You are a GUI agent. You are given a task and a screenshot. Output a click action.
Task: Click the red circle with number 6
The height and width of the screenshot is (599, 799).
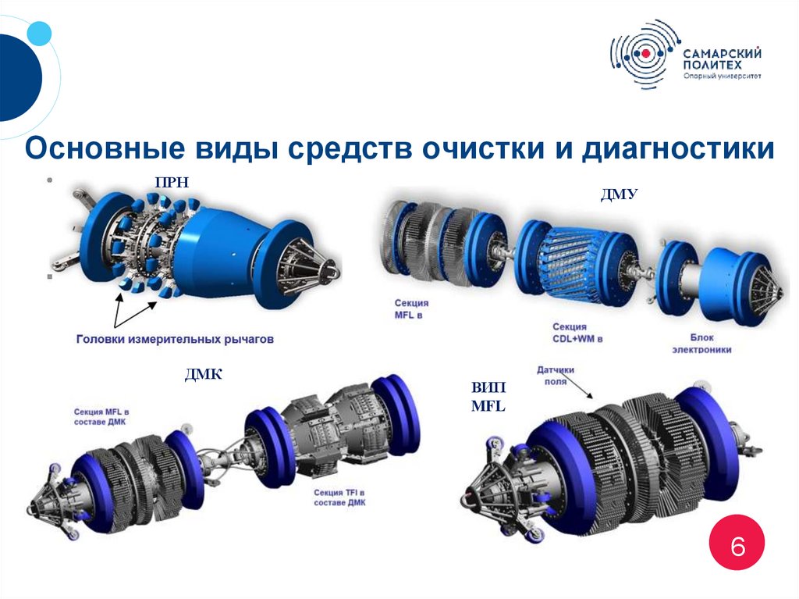click(737, 542)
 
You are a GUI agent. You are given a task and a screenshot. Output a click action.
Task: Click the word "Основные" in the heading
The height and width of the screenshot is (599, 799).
click(105, 148)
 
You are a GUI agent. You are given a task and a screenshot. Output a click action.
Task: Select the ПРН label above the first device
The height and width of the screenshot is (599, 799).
click(172, 182)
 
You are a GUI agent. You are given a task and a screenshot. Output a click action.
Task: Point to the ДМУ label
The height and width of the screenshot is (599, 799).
click(619, 194)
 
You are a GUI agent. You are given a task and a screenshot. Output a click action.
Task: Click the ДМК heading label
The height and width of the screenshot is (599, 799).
click(204, 375)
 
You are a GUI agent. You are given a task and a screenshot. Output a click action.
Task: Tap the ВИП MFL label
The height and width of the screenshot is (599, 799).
click(488, 397)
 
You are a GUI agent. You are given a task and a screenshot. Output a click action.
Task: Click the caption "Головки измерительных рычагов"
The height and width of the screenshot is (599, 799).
click(175, 339)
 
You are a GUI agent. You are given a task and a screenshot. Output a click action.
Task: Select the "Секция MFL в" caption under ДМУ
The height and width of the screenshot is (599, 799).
click(411, 308)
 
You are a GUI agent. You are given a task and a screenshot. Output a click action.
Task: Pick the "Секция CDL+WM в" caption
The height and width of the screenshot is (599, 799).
click(577, 332)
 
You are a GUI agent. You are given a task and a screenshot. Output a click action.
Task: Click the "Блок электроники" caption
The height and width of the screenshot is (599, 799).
click(701, 344)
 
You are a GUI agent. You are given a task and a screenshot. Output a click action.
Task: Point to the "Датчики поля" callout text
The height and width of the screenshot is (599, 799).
click(556, 375)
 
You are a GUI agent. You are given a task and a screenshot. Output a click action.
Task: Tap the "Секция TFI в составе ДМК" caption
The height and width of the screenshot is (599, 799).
click(339, 497)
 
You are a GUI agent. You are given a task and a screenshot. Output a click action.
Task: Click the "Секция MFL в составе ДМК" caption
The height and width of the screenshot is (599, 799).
click(101, 417)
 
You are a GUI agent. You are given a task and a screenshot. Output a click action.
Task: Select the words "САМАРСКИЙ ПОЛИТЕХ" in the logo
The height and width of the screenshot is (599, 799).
click(722, 59)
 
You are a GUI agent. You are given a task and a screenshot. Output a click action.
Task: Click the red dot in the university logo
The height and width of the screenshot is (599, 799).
click(645, 53)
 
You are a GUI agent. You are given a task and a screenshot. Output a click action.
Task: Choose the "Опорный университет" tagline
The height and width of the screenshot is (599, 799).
click(722, 76)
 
